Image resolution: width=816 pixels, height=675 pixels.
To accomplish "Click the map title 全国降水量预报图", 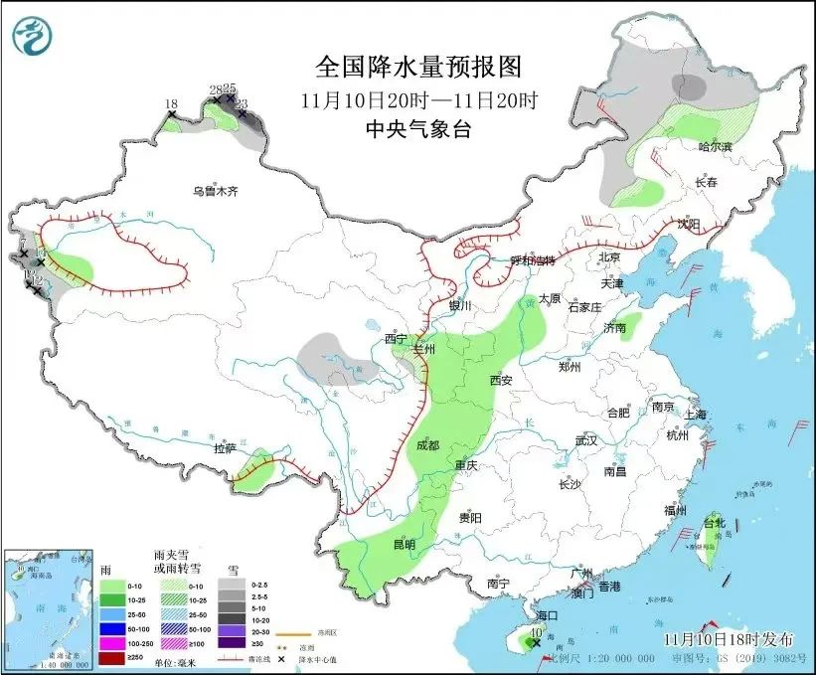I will (418, 67).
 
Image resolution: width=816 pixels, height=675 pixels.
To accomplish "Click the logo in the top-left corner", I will (34, 38).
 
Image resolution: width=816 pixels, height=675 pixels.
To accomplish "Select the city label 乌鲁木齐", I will (216, 191).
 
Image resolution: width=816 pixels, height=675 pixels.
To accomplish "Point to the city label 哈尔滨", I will (714, 146).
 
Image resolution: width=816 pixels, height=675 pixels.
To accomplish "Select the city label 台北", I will (715, 522).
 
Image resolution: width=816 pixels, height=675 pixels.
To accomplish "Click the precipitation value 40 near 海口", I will (536, 632).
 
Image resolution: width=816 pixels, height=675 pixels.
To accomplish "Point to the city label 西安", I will (500, 380).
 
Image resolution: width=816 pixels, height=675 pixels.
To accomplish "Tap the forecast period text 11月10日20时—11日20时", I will (418, 99).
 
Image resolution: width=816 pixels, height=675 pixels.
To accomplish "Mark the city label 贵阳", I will (470, 518).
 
